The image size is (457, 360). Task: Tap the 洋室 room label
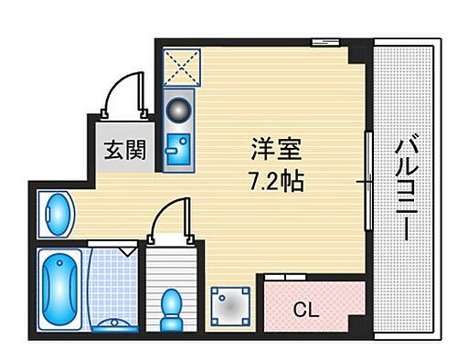point(274,148)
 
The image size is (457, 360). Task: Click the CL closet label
point(307,308)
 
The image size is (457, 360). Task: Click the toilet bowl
point(170,309)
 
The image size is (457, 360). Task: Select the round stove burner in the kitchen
point(177,107)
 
